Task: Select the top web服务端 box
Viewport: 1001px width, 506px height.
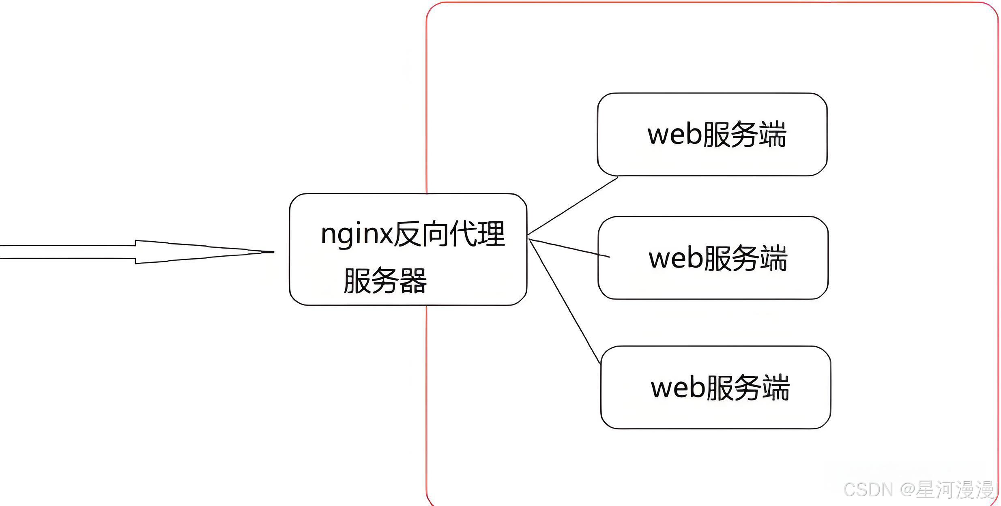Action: click(712, 135)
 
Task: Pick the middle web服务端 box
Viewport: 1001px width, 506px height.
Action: click(713, 258)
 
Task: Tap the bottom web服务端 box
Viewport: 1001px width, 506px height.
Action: click(715, 388)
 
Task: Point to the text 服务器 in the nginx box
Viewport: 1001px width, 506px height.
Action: click(385, 281)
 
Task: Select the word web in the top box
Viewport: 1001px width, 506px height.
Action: click(675, 135)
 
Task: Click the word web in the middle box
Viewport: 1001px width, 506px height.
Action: click(676, 259)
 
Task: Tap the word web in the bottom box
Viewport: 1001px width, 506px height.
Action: click(678, 388)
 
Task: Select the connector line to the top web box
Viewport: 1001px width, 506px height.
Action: click(573, 206)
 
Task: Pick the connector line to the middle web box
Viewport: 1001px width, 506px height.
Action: click(569, 248)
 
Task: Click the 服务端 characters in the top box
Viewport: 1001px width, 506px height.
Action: click(744, 135)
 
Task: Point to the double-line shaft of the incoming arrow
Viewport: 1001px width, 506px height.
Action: click(67, 252)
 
